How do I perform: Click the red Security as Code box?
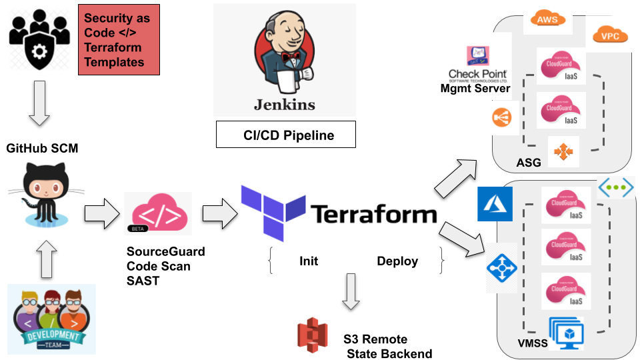pyautogui.click(x=119, y=40)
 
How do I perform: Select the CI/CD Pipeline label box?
pyautogui.click(x=286, y=135)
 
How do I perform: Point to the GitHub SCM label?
pyautogui.click(x=42, y=149)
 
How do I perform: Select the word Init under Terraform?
pyautogui.click(x=309, y=261)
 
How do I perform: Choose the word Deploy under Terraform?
pyautogui.click(x=397, y=261)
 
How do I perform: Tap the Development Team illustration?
pyautogui.click(x=51, y=319)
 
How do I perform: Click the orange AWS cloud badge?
pyautogui.click(x=547, y=20)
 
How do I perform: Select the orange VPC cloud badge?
pyautogui.click(x=610, y=35)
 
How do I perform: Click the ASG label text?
pyautogui.click(x=529, y=163)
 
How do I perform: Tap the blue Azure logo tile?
pyautogui.click(x=495, y=204)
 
